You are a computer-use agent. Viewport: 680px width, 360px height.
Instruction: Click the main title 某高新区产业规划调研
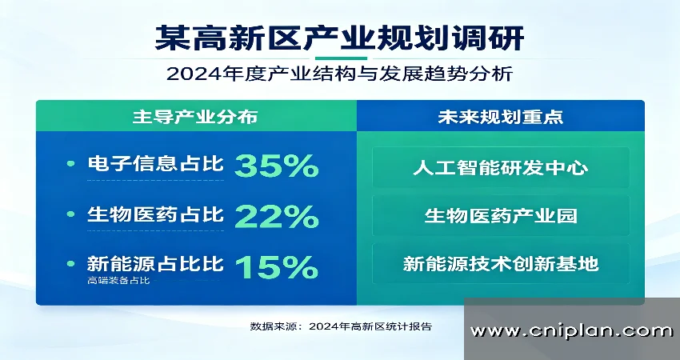[x=340, y=38]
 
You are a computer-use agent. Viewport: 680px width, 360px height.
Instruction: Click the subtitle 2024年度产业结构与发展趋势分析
[x=340, y=75]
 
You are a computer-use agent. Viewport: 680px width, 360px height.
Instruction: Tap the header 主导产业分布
[x=195, y=116]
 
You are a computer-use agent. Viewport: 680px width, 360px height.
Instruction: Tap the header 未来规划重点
[x=500, y=116]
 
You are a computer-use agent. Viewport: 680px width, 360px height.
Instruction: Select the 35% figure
[x=277, y=166]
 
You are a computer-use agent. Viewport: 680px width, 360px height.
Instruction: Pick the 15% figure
[x=277, y=266]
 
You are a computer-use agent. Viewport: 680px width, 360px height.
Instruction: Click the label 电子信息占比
[x=156, y=165]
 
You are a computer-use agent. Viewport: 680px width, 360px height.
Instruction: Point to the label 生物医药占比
[x=156, y=214]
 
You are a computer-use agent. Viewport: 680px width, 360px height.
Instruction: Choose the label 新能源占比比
[x=156, y=263]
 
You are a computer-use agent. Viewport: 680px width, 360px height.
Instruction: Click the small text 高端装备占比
[x=119, y=281]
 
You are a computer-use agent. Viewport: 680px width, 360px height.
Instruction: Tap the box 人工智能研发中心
[x=501, y=168]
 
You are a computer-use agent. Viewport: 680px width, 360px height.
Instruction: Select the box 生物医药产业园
[x=501, y=216]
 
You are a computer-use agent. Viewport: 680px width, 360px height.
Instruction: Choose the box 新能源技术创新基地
[x=501, y=264]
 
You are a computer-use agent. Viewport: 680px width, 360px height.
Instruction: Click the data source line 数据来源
[x=341, y=326]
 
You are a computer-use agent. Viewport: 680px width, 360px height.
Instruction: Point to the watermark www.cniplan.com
[x=571, y=330]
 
